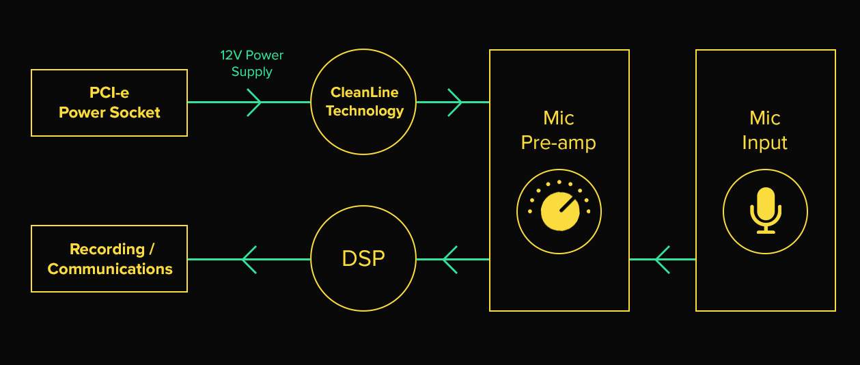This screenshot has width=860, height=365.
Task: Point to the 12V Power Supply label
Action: click(x=252, y=64)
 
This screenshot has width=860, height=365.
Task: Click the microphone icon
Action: click(x=766, y=211)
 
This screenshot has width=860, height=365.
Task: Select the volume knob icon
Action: click(x=559, y=211)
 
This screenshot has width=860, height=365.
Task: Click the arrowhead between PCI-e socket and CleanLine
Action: click(x=254, y=103)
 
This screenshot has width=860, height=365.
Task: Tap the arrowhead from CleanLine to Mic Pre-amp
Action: click(x=455, y=103)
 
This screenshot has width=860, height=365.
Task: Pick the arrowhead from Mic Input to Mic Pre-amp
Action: click(x=662, y=260)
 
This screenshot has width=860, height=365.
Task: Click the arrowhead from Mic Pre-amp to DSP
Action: click(x=449, y=260)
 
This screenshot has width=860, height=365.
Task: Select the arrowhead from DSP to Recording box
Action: click(x=249, y=260)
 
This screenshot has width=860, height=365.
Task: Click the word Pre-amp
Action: click(x=559, y=144)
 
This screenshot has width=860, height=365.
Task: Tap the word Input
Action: click(x=765, y=144)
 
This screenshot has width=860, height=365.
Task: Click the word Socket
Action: click(x=135, y=113)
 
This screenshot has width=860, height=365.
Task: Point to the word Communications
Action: click(x=110, y=269)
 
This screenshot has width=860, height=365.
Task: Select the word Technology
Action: click(x=365, y=111)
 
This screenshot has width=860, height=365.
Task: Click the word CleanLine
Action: click(x=364, y=92)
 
